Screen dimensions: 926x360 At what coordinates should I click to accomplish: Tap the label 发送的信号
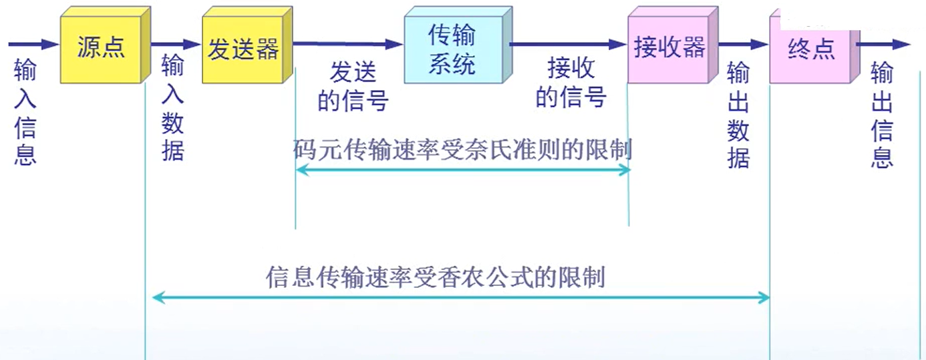[x=353, y=87]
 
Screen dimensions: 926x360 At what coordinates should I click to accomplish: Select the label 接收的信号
[x=571, y=83]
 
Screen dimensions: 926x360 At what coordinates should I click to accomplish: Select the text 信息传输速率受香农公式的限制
[x=436, y=275]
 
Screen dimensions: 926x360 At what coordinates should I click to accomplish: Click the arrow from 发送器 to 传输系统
[x=347, y=44]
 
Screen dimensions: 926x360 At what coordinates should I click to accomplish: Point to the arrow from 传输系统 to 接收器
[x=568, y=44]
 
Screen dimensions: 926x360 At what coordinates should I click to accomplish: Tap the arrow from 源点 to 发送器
[x=175, y=44]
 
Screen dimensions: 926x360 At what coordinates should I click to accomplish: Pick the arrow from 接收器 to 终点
[x=743, y=44]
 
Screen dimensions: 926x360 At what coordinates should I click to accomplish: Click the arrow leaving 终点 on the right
[x=883, y=44]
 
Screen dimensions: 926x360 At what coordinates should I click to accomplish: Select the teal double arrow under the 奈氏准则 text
[x=462, y=170]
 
